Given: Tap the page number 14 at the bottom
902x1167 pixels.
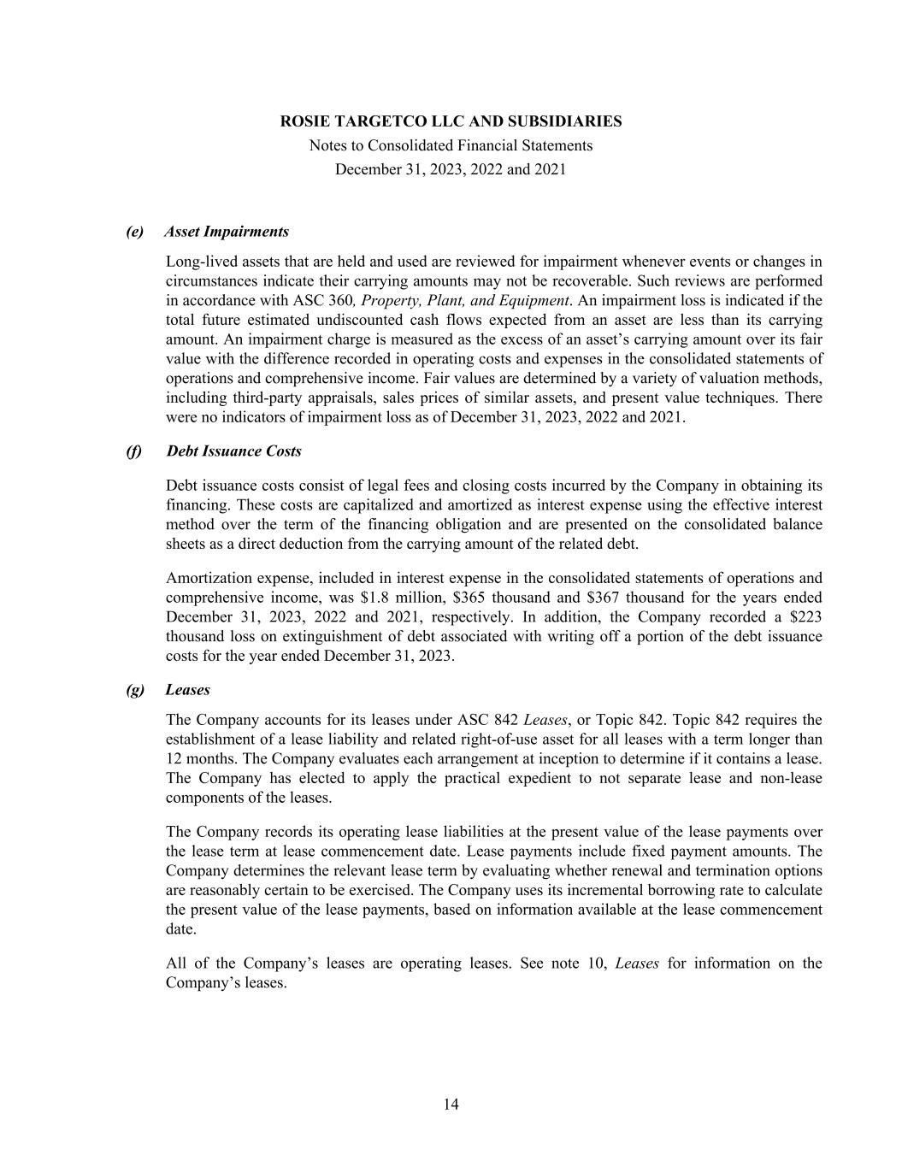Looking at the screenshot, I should pyautogui.click(x=451, y=1105).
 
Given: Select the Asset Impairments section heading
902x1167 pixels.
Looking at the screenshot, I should pyautogui.click(x=227, y=232).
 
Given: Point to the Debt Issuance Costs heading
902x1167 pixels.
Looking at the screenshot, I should pyautogui.click(x=233, y=451).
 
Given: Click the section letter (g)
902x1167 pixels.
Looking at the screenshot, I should pyautogui.click(x=135, y=689).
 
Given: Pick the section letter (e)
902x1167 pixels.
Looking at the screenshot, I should pyautogui.click(x=135, y=232).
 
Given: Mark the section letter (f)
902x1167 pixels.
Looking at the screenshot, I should pyautogui.click(x=134, y=451).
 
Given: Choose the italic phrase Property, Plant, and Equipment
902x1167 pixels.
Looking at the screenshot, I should pyautogui.click(x=465, y=301).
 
